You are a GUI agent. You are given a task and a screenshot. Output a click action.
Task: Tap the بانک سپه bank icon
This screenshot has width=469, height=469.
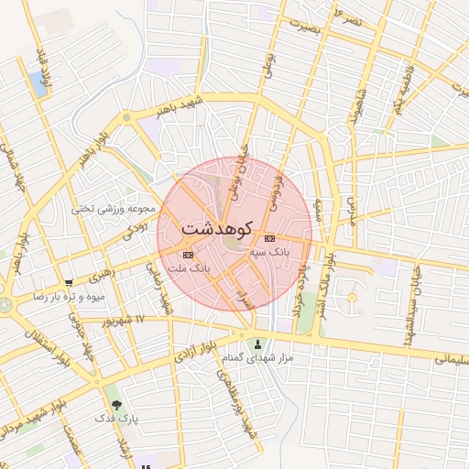click(x=268, y=237)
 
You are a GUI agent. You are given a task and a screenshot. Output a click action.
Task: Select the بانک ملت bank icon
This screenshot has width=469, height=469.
click(x=188, y=255)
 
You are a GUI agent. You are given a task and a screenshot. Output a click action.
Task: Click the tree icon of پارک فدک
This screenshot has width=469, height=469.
click(x=115, y=404)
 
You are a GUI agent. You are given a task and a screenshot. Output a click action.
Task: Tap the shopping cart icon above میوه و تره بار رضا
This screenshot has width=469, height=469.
click(x=70, y=283)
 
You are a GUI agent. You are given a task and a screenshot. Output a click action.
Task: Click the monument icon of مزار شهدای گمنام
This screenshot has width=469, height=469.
click(x=257, y=345)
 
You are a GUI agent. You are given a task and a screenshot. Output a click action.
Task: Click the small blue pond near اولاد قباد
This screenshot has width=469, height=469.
click(x=38, y=82)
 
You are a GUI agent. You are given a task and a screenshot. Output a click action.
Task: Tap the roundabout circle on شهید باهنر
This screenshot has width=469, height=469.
click(x=126, y=117)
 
